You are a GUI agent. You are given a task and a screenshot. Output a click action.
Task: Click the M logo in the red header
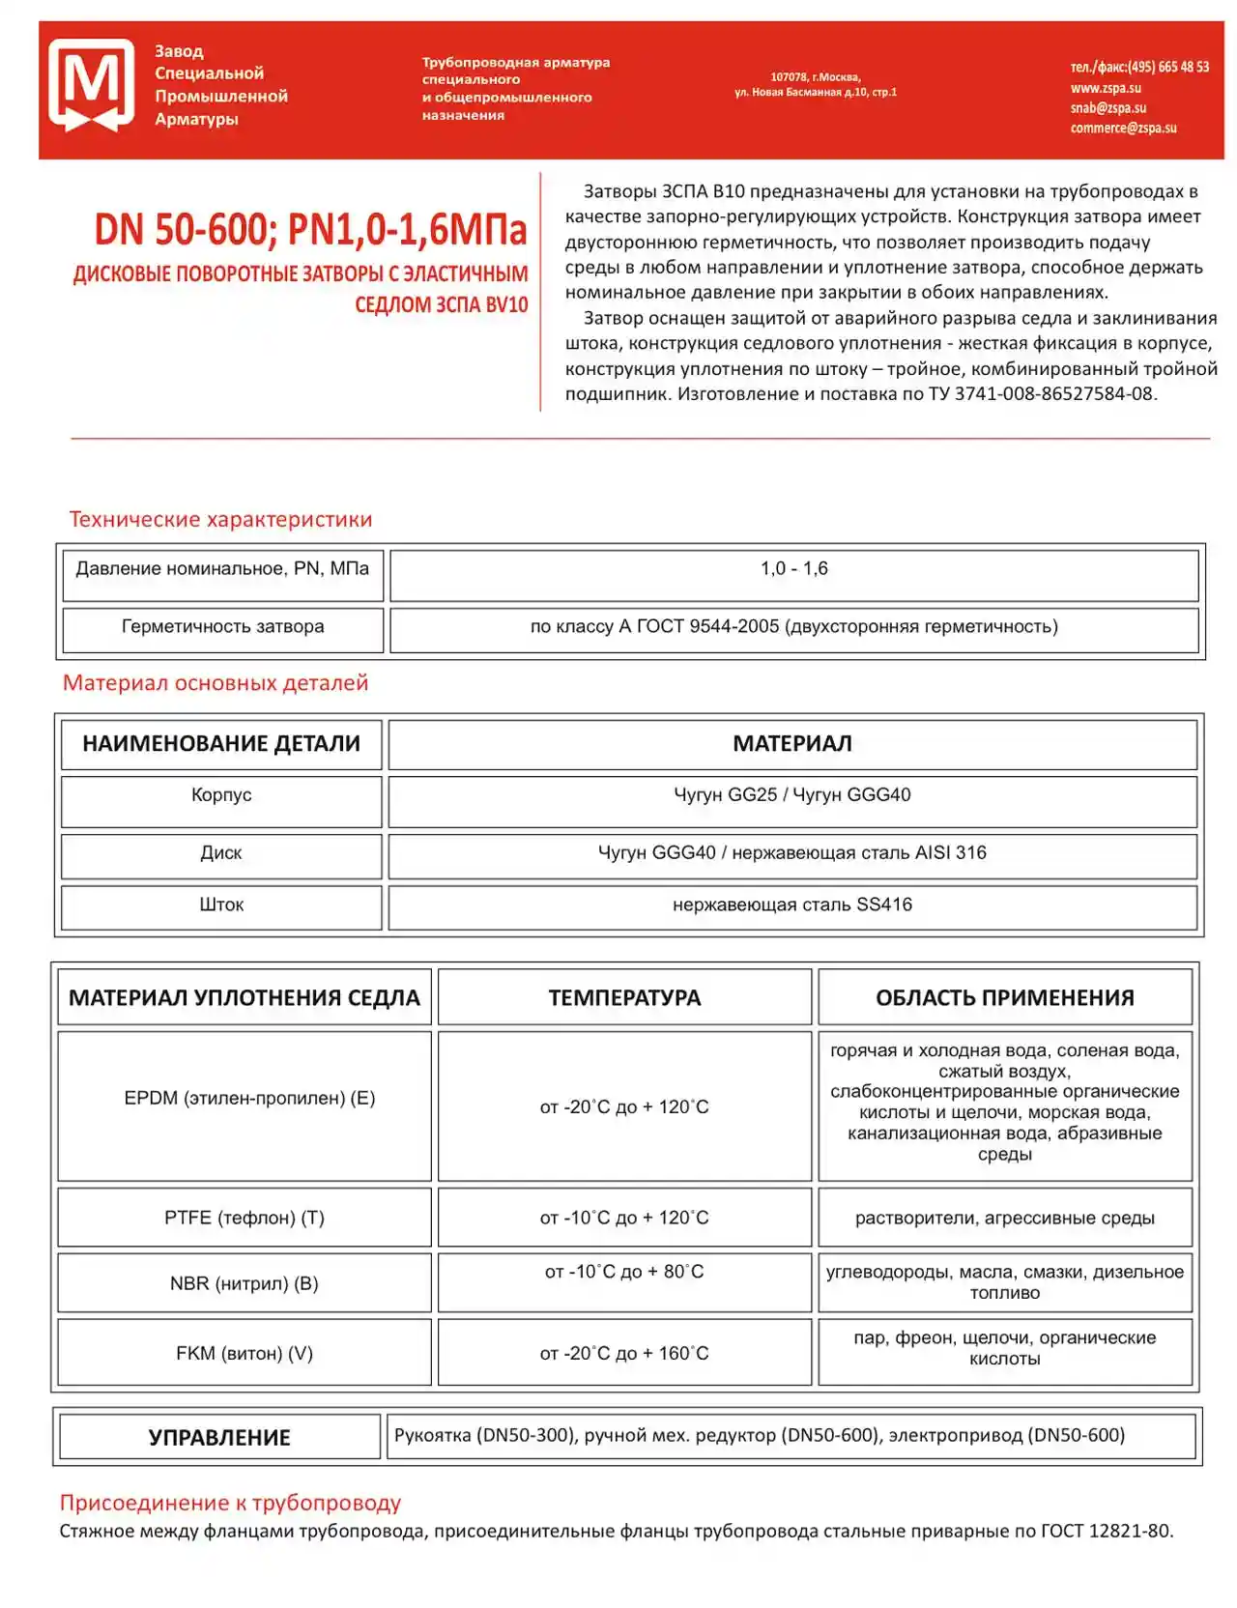tap(92, 85)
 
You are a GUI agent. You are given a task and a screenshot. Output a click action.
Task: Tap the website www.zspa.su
tap(1105, 88)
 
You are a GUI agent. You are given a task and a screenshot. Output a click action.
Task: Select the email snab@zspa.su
tap(1108, 108)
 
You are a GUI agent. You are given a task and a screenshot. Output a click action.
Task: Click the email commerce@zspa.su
tap(1123, 128)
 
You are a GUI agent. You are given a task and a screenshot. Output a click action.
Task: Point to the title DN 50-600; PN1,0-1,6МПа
tap(310, 230)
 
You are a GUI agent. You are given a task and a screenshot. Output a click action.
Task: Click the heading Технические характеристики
tap(220, 519)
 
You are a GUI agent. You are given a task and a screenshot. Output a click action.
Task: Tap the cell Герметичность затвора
tap(222, 627)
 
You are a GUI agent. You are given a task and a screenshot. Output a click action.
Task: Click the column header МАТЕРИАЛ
tap(791, 743)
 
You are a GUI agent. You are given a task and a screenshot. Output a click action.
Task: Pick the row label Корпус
tap(221, 795)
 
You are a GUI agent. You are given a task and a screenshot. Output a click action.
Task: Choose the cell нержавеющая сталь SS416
tap(791, 905)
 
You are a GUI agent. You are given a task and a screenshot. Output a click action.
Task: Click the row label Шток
tap(221, 905)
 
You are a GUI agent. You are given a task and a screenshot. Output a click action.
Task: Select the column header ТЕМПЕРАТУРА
tap(624, 997)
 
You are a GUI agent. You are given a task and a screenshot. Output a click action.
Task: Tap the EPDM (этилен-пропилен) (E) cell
tap(249, 1099)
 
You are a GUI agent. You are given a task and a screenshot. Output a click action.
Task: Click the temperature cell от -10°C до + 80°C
tap(624, 1273)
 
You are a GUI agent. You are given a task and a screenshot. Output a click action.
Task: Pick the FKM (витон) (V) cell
tap(245, 1354)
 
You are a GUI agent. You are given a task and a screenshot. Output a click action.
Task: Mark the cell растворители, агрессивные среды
tap(1004, 1219)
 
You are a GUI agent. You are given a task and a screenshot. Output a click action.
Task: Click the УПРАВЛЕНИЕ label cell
tap(219, 1437)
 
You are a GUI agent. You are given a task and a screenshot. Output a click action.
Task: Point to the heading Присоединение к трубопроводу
tap(230, 1503)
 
